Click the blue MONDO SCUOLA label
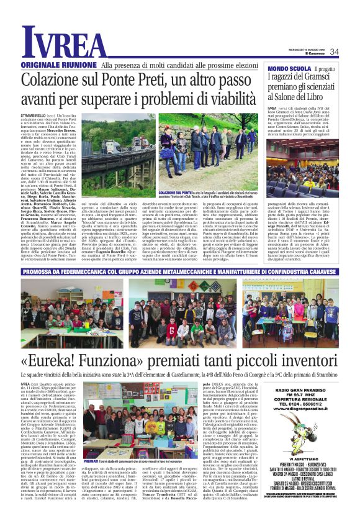(x=289, y=68)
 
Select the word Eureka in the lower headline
(x=71, y=362)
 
